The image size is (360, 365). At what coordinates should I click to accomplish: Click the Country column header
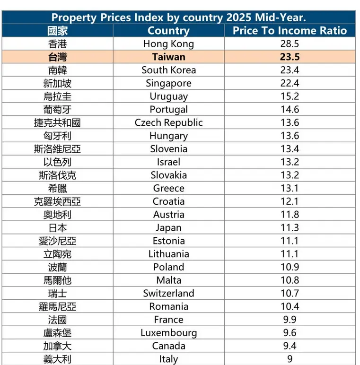pos(168,31)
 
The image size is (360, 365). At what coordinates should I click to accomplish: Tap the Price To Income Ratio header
pos(290,31)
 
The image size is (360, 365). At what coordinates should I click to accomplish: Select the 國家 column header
pos(58,31)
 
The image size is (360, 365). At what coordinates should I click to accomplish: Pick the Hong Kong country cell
pos(168,44)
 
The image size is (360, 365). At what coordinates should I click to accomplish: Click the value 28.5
pos(290,44)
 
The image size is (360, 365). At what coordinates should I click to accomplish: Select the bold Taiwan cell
pos(168,57)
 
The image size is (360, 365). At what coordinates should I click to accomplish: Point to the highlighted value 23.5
pos(290,57)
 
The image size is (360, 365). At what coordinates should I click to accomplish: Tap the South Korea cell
pos(168,70)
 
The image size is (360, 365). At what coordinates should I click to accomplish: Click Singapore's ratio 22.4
pos(290,83)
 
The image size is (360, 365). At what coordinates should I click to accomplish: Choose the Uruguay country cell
pos(168,96)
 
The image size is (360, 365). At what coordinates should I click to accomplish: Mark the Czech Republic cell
pos(168,122)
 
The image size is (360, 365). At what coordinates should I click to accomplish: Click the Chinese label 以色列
pos(58,162)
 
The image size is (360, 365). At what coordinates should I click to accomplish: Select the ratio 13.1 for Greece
pos(290,188)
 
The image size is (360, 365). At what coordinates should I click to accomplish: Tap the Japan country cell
pos(168,227)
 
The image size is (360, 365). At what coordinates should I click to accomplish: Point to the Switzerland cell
pos(168,293)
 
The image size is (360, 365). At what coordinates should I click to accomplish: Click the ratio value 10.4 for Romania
pos(290,306)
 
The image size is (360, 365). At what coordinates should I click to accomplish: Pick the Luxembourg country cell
pos(168,333)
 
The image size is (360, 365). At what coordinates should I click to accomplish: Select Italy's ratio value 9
pos(290,359)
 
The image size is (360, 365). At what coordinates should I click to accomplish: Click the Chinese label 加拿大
pos(58,346)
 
